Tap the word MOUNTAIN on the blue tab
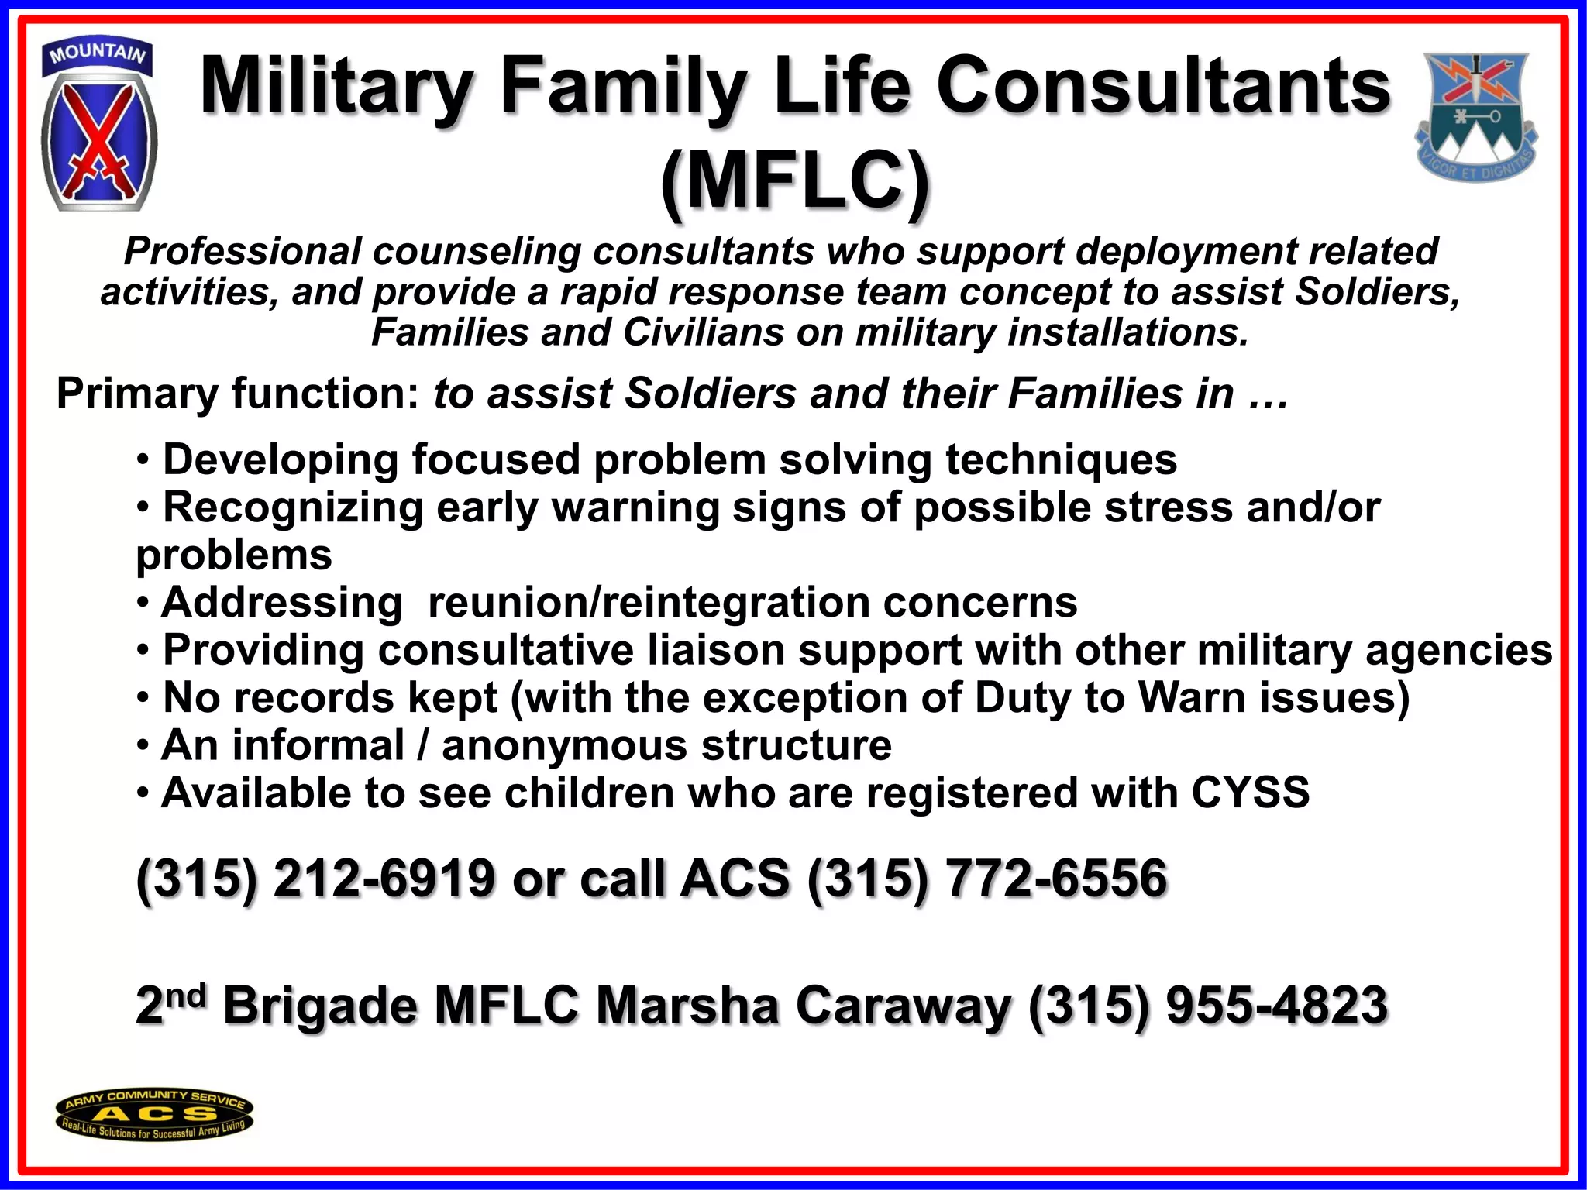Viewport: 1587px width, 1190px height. click(x=97, y=53)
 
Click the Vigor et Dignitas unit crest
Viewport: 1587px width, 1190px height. click(x=1478, y=116)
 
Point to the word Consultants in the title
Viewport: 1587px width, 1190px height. click(x=1163, y=85)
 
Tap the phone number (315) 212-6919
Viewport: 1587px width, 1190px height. click(x=315, y=879)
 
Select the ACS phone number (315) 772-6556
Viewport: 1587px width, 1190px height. click(x=986, y=879)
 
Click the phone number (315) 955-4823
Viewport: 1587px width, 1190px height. click(x=1207, y=1005)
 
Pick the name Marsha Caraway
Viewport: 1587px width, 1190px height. click(x=803, y=1005)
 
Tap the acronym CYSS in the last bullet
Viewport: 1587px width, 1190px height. click(x=1250, y=793)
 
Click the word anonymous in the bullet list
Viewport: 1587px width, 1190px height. click(x=564, y=745)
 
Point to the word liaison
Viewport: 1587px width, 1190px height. click(x=716, y=650)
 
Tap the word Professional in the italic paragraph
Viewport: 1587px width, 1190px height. click(x=243, y=251)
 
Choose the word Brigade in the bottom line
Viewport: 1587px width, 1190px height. click(x=322, y=1005)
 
